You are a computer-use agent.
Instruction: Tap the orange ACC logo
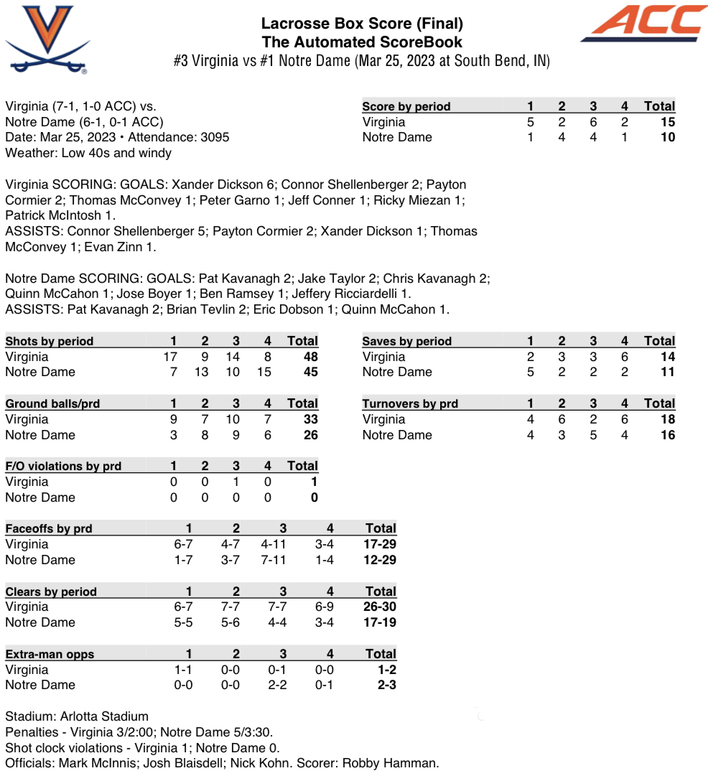tap(644, 23)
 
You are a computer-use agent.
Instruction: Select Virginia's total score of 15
tap(667, 122)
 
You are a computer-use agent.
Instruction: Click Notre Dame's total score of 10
tap(667, 137)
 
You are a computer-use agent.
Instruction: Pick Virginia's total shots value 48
tap(310, 357)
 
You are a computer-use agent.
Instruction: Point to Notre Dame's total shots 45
tap(310, 372)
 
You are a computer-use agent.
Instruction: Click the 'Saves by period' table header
tap(406, 341)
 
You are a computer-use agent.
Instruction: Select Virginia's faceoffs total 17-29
tap(380, 544)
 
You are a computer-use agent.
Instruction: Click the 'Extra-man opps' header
tap(50, 654)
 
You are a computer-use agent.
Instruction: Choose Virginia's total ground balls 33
tap(310, 419)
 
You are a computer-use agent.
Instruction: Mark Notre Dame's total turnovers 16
tap(667, 435)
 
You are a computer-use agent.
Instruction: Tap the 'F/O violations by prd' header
tap(63, 466)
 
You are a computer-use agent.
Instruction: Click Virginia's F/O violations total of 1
tap(314, 482)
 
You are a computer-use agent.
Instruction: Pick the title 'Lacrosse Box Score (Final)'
tap(362, 24)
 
